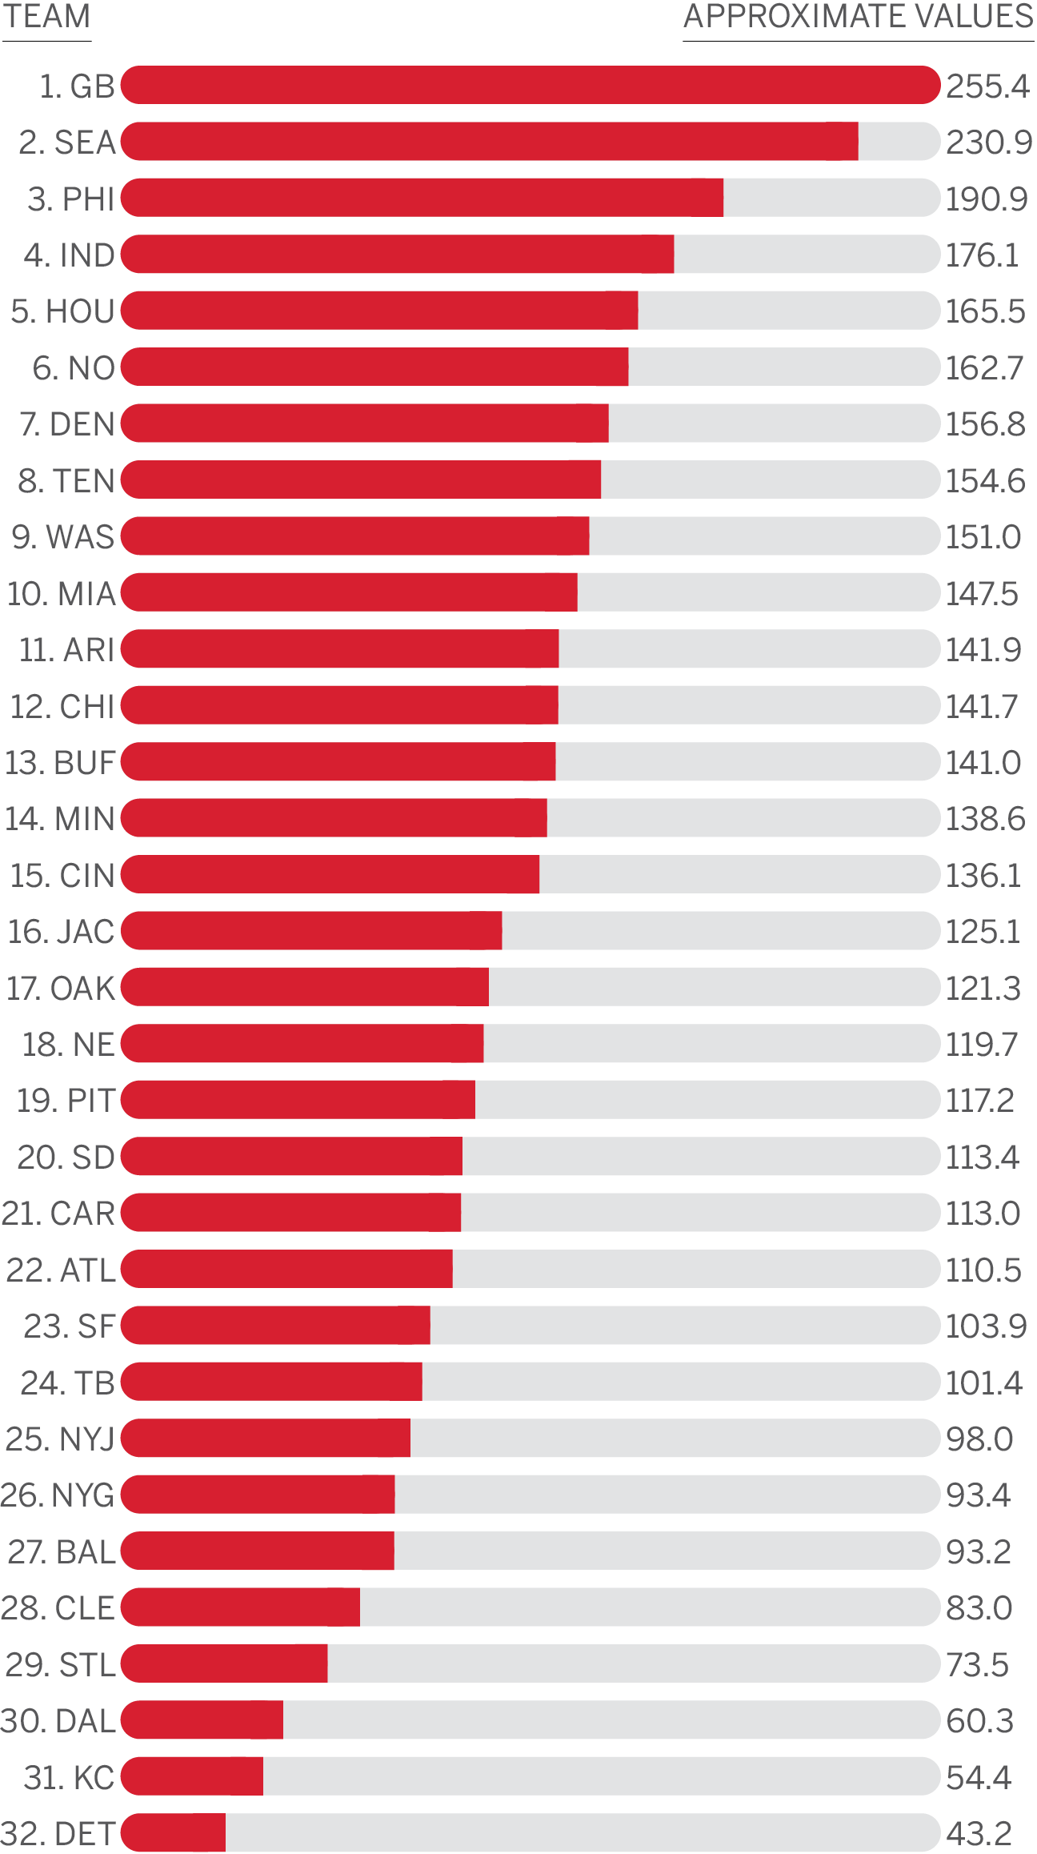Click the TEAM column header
pyautogui.click(x=46, y=18)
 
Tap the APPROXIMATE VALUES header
pyautogui.click(x=858, y=18)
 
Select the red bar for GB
pyautogui.click(x=530, y=86)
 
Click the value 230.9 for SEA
pyautogui.click(x=989, y=142)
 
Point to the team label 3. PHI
pyautogui.click(x=71, y=199)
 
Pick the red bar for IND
pyautogui.click(x=398, y=255)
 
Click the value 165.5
pyautogui.click(x=986, y=311)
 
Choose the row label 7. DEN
pyautogui.click(x=67, y=424)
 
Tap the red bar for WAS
pyautogui.click(x=355, y=536)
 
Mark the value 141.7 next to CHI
pyautogui.click(x=982, y=706)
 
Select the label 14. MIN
pyautogui.click(x=60, y=819)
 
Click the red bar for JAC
pyautogui.click(x=311, y=931)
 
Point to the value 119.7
pyautogui.click(x=982, y=1045)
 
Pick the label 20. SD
pyautogui.click(x=66, y=1158)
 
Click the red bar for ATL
pyautogui.click(x=286, y=1270)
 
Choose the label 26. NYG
pyautogui.click(x=58, y=1495)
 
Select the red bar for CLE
pyautogui.click(x=240, y=1607)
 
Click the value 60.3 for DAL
pyautogui.click(x=980, y=1721)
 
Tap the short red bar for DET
pyautogui.click(x=174, y=1833)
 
